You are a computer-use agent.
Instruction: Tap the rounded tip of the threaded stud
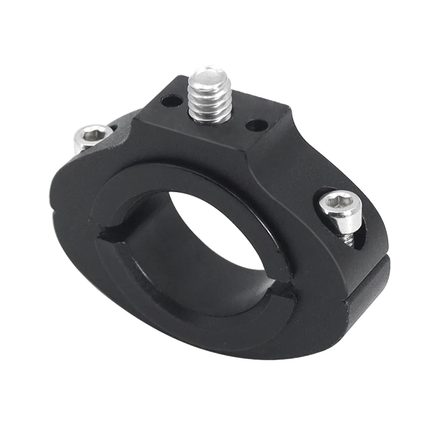coord(209,73)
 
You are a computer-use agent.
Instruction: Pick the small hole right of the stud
coord(255,125)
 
